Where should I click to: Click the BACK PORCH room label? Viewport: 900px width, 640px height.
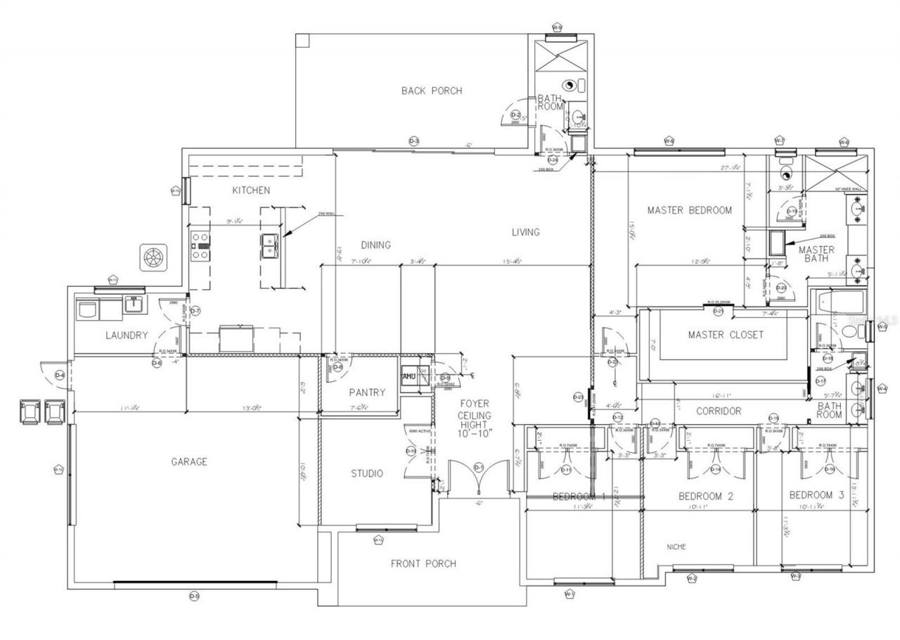432,91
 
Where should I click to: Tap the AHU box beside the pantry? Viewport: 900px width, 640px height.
409,376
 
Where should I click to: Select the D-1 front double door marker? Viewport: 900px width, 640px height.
479,467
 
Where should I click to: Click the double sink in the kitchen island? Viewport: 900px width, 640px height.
269,246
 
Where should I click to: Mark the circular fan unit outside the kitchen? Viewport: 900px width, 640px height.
153,257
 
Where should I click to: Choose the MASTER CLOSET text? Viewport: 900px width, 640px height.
725,335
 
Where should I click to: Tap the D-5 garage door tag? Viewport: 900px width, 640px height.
195,596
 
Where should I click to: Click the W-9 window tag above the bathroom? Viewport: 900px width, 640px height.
557,28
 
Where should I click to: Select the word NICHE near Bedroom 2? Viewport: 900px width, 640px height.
676,546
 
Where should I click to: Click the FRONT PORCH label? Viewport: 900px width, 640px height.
423,563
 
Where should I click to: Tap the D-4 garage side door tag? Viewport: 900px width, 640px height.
60,376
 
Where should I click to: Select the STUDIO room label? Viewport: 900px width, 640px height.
367,473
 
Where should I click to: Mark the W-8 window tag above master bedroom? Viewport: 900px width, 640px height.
669,141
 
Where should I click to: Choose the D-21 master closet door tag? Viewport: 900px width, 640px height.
718,311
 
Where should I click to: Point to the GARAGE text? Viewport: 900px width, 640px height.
189,462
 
